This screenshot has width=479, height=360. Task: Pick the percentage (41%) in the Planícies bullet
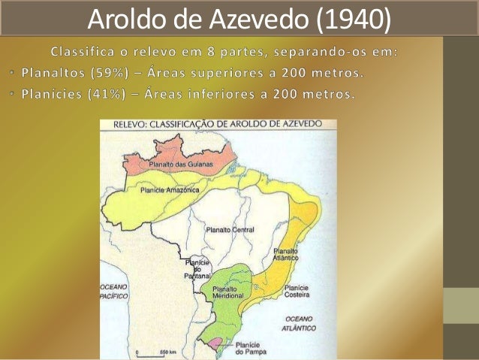tap(100, 95)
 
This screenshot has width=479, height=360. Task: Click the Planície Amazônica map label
tap(169, 190)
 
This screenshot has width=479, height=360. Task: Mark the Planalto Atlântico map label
tap(286, 253)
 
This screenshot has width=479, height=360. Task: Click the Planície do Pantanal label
tap(197, 269)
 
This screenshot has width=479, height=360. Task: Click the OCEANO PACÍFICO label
tap(114, 292)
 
